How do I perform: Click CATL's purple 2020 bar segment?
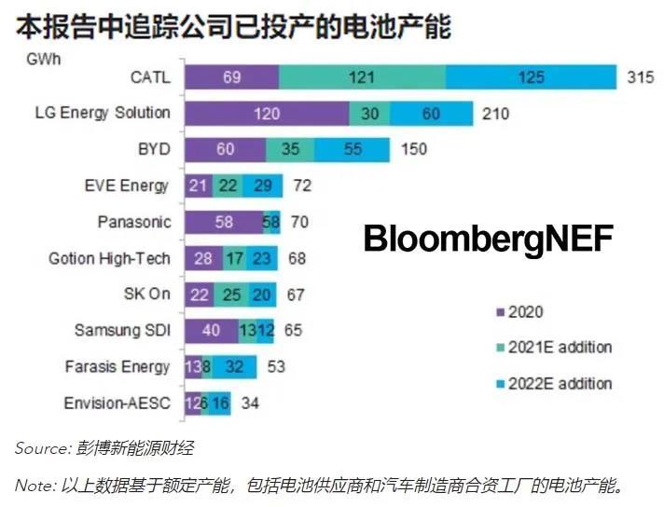click(x=231, y=77)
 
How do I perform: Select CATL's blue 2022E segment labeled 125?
click(x=531, y=77)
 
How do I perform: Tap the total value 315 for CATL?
click(x=641, y=77)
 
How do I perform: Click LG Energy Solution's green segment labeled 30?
click(x=369, y=114)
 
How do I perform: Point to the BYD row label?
click(x=153, y=149)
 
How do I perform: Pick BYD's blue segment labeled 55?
click(x=352, y=149)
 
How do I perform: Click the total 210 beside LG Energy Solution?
click(x=497, y=114)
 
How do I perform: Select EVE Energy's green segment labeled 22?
click(x=227, y=185)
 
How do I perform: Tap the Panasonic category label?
click(x=133, y=222)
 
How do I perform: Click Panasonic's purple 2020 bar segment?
click(x=223, y=222)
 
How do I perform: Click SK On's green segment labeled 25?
click(x=232, y=295)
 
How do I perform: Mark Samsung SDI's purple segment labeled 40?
click(x=211, y=330)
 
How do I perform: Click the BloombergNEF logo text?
click(x=488, y=239)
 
